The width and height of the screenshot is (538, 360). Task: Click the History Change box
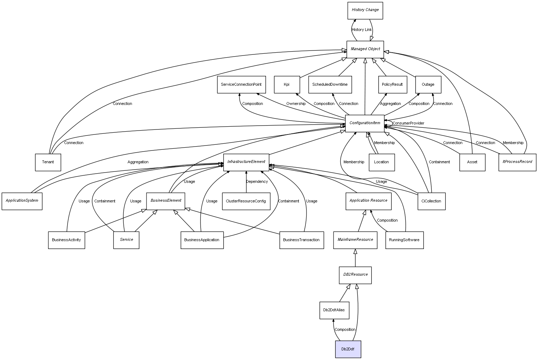tap(365, 11)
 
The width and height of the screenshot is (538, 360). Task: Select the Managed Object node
tap(365, 49)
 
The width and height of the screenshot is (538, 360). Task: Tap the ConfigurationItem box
tap(364, 123)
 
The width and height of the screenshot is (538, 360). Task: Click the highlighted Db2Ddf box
tap(348, 349)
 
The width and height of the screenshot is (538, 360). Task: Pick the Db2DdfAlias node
tap(334, 310)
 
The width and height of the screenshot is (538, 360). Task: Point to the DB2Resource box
tap(355, 275)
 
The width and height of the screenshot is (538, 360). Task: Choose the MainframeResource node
tap(355, 240)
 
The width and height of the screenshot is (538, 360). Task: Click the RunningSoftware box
tap(404, 240)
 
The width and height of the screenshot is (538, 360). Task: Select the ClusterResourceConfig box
tap(246, 201)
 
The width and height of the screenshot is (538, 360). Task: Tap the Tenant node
tap(48, 162)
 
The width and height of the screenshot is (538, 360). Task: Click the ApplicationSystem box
tap(22, 201)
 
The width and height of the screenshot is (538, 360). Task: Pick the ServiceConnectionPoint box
tap(241, 85)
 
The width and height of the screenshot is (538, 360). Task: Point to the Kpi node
tap(287, 85)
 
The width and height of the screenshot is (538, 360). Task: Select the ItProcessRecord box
tap(517, 162)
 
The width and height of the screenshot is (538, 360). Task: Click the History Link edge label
tap(362, 30)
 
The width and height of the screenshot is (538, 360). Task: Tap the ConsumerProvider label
tap(408, 123)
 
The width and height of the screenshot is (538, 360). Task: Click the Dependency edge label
tap(257, 181)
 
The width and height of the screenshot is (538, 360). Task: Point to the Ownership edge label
tap(295, 104)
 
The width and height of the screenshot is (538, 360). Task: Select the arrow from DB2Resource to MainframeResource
tap(355, 258)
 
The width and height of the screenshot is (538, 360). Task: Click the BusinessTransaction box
tap(302, 240)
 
